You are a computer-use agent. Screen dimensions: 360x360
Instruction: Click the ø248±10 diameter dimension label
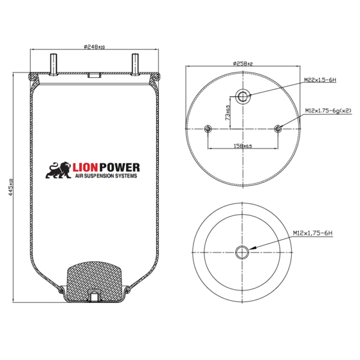[x=94, y=47]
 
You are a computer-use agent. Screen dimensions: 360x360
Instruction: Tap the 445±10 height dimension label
[x=10, y=187]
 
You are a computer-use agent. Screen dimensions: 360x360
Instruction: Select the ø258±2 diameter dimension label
[x=242, y=64]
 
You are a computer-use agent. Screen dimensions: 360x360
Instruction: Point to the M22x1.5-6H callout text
[x=320, y=80]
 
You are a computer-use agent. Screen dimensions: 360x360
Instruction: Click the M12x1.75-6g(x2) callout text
[x=328, y=110]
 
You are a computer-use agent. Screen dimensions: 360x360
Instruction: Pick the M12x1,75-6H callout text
[x=313, y=233]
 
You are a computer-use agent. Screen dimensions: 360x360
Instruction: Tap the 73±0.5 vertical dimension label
[x=227, y=113]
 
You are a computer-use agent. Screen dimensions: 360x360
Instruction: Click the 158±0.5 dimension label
[x=242, y=146]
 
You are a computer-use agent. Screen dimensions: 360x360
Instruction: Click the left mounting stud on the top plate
[x=53, y=65]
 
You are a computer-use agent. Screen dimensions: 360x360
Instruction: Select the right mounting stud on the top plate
[x=135, y=65]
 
